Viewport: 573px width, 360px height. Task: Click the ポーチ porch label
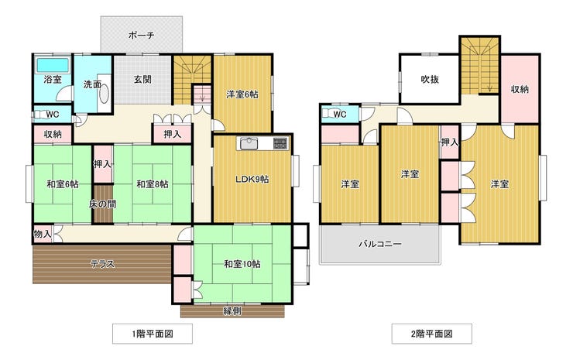pyautogui.click(x=142, y=36)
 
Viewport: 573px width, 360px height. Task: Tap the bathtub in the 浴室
pyautogui.click(x=53, y=65)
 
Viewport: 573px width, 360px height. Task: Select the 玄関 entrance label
pyautogui.click(x=142, y=79)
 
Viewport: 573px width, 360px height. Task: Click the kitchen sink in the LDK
pyautogui.click(x=249, y=143)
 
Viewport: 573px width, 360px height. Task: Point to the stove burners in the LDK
pyautogui.click(x=280, y=143)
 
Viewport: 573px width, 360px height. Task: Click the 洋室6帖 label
pyautogui.click(x=242, y=94)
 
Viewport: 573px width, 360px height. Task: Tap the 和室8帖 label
pyautogui.click(x=153, y=183)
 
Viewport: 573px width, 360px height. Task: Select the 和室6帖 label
pyautogui.click(x=63, y=183)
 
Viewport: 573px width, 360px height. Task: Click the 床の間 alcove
pyautogui.click(x=103, y=204)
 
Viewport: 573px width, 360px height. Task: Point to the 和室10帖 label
pyautogui.click(x=242, y=264)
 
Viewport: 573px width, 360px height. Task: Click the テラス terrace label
pyautogui.click(x=103, y=264)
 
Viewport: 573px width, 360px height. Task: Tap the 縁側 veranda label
pyautogui.click(x=232, y=311)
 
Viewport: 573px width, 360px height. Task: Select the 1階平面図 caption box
pyautogui.click(x=153, y=334)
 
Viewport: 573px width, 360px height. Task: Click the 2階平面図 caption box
pyautogui.click(x=431, y=334)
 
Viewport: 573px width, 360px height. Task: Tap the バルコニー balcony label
pyautogui.click(x=380, y=244)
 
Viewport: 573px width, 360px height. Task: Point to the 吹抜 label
pyautogui.click(x=430, y=79)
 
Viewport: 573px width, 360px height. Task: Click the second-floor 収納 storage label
pyautogui.click(x=520, y=89)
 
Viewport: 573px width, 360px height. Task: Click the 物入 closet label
pyautogui.click(x=43, y=234)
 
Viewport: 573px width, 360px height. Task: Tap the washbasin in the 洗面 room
pyautogui.click(x=105, y=94)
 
